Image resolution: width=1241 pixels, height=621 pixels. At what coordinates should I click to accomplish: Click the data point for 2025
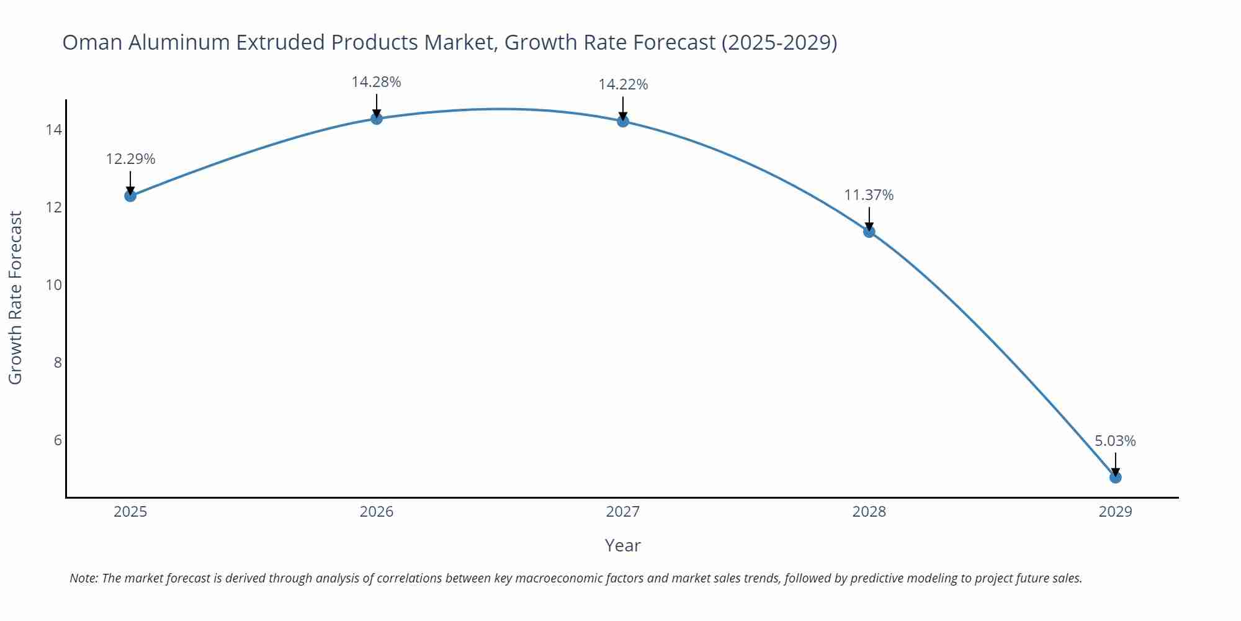click(x=130, y=196)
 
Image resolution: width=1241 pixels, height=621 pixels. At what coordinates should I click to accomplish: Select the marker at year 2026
click(x=377, y=118)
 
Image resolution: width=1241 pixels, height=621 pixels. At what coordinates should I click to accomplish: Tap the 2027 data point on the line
click(x=623, y=121)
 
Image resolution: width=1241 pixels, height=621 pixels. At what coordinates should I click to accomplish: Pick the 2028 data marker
click(x=869, y=232)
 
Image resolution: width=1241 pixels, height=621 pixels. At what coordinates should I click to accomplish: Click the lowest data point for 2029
click(x=1115, y=478)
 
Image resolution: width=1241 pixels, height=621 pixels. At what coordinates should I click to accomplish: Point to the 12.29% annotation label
click(x=130, y=159)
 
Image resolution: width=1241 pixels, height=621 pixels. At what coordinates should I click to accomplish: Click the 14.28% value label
click(x=377, y=82)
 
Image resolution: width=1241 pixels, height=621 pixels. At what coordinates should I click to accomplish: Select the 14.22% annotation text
click(x=623, y=84)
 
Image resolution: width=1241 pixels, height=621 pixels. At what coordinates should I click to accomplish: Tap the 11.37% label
click(x=869, y=195)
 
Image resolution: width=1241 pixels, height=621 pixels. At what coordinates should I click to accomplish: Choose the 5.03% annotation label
click(x=1115, y=441)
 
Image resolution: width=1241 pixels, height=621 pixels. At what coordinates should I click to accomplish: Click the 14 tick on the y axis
click(x=53, y=130)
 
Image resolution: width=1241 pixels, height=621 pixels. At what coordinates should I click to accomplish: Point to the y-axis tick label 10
click(x=53, y=285)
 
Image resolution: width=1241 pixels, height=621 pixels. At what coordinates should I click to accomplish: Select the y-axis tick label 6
click(x=58, y=440)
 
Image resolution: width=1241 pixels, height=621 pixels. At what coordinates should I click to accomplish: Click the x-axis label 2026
click(x=377, y=512)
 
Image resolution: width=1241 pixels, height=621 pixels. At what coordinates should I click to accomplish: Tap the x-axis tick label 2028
click(x=869, y=512)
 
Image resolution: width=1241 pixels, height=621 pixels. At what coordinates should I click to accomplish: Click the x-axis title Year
click(x=622, y=545)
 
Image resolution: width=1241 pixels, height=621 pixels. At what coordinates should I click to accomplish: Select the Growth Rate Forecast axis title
click(x=16, y=297)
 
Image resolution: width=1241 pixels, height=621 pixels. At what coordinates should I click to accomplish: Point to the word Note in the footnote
click(x=83, y=578)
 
